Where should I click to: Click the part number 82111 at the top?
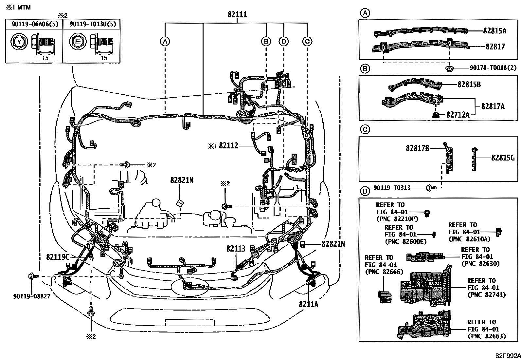click(x=237, y=15)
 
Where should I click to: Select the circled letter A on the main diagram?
click(x=165, y=41)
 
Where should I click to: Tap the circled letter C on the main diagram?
click(x=307, y=41)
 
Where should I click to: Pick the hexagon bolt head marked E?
click(x=77, y=42)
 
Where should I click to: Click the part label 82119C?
click(x=58, y=257)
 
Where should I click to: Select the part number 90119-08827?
click(x=31, y=296)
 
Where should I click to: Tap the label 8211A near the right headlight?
click(x=308, y=304)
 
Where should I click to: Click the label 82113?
click(x=236, y=249)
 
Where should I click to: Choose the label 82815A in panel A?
click(x=494, y=31)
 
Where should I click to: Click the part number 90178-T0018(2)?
click(x=493, y=68)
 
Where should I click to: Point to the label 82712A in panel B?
click(x=458, y=115)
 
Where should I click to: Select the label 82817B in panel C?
click(x=417, y=148)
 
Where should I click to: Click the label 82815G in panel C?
click(x=503, y=158)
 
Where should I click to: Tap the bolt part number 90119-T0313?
click(x=392, y=188)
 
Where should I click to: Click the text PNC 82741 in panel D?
click(x=487, y=295)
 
